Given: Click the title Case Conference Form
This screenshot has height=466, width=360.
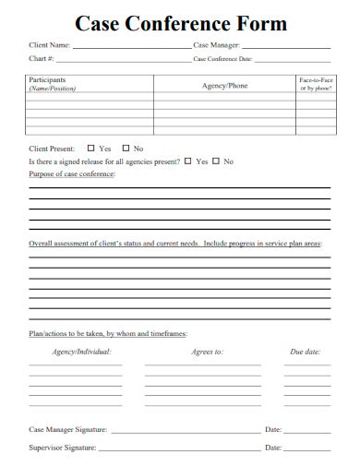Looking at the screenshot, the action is point(181,23).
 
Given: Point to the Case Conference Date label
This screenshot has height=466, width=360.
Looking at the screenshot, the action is point(222,60).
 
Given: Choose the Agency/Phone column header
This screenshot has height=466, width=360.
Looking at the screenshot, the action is point(224,86).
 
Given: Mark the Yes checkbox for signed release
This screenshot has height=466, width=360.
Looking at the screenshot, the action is point(188,161).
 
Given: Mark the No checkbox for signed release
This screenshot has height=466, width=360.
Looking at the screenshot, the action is point(216,161).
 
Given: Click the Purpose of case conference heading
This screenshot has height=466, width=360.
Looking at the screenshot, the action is point(73,174).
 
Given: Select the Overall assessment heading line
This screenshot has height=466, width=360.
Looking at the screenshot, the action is point(175,244).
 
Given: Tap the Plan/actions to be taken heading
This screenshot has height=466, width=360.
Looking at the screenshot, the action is point(108,333).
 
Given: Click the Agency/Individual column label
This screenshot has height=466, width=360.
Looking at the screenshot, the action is point(81,352).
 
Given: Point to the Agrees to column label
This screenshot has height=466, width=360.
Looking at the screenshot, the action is point(207,352).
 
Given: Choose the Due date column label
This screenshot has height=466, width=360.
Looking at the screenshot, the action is point(305,352).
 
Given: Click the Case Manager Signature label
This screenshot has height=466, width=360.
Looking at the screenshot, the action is point(68,429).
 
